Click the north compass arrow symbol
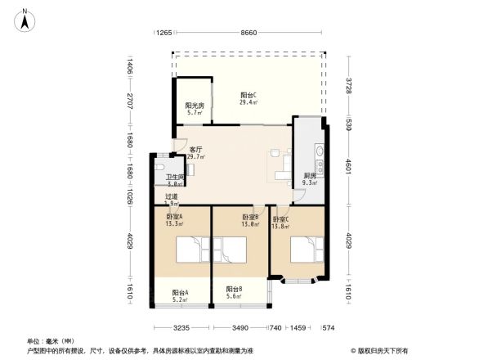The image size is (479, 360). point(26,19)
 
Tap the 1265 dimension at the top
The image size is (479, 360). point(163,33)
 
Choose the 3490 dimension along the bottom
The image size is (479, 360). point(239,327)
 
